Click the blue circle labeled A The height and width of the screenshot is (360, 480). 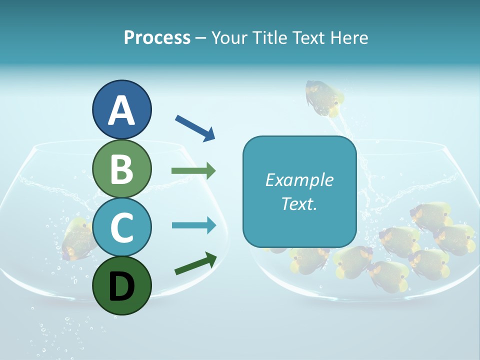tap(121, 109)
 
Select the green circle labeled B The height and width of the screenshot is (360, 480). tap(121, 169)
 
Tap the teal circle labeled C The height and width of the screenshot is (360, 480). tap(121, 227)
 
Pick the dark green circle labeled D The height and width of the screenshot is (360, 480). tap(121, 285)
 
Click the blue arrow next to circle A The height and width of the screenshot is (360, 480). tap(195, 128)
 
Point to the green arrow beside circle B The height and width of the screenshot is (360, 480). tap(193, 171)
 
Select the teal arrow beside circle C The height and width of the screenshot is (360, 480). tap(194, 225)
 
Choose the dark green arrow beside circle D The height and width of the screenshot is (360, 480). tap(195, 264)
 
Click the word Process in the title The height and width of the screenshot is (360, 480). tap(157, 37)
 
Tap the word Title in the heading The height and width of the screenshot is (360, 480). tap(268, 37)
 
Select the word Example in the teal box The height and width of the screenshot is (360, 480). tap(299, 180)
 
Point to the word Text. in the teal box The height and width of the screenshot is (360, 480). tap(299, 203)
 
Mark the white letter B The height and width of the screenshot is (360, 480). tap(121, 169)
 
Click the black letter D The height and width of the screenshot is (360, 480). tap(121, 286)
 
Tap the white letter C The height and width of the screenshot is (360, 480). tap(121, 228)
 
